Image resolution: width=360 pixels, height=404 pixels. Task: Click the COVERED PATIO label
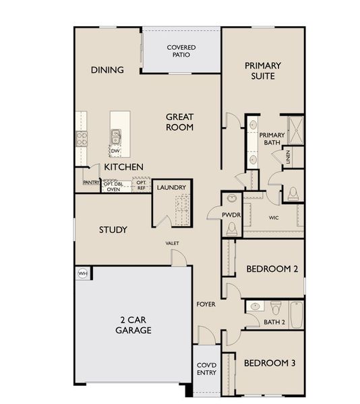click(181, 51)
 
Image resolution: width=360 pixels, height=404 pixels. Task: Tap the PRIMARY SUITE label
click(263, 71)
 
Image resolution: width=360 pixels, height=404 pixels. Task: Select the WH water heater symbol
click(83, 273)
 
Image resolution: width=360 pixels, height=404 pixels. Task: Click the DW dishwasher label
click(115, 150)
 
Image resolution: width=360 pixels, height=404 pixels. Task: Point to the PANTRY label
click(91, 182)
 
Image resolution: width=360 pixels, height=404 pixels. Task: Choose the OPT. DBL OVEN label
click(113, 187)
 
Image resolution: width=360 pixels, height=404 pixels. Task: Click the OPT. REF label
click(141, 184)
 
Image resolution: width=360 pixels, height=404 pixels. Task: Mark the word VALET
click(172, 243)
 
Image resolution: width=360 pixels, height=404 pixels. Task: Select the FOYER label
click(206, 304)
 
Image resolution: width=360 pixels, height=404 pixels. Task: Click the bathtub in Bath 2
click(297, 313)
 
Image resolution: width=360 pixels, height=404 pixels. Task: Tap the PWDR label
click(231, 215)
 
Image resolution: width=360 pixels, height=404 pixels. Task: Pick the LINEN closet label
click(288, 158)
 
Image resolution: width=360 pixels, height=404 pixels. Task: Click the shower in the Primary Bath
click(295, 127)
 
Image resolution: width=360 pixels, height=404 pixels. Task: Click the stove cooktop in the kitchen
click(82, 139)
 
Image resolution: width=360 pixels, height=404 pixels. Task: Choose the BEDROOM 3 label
click(270, 363)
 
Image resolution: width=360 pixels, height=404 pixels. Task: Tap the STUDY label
click(113, 230)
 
